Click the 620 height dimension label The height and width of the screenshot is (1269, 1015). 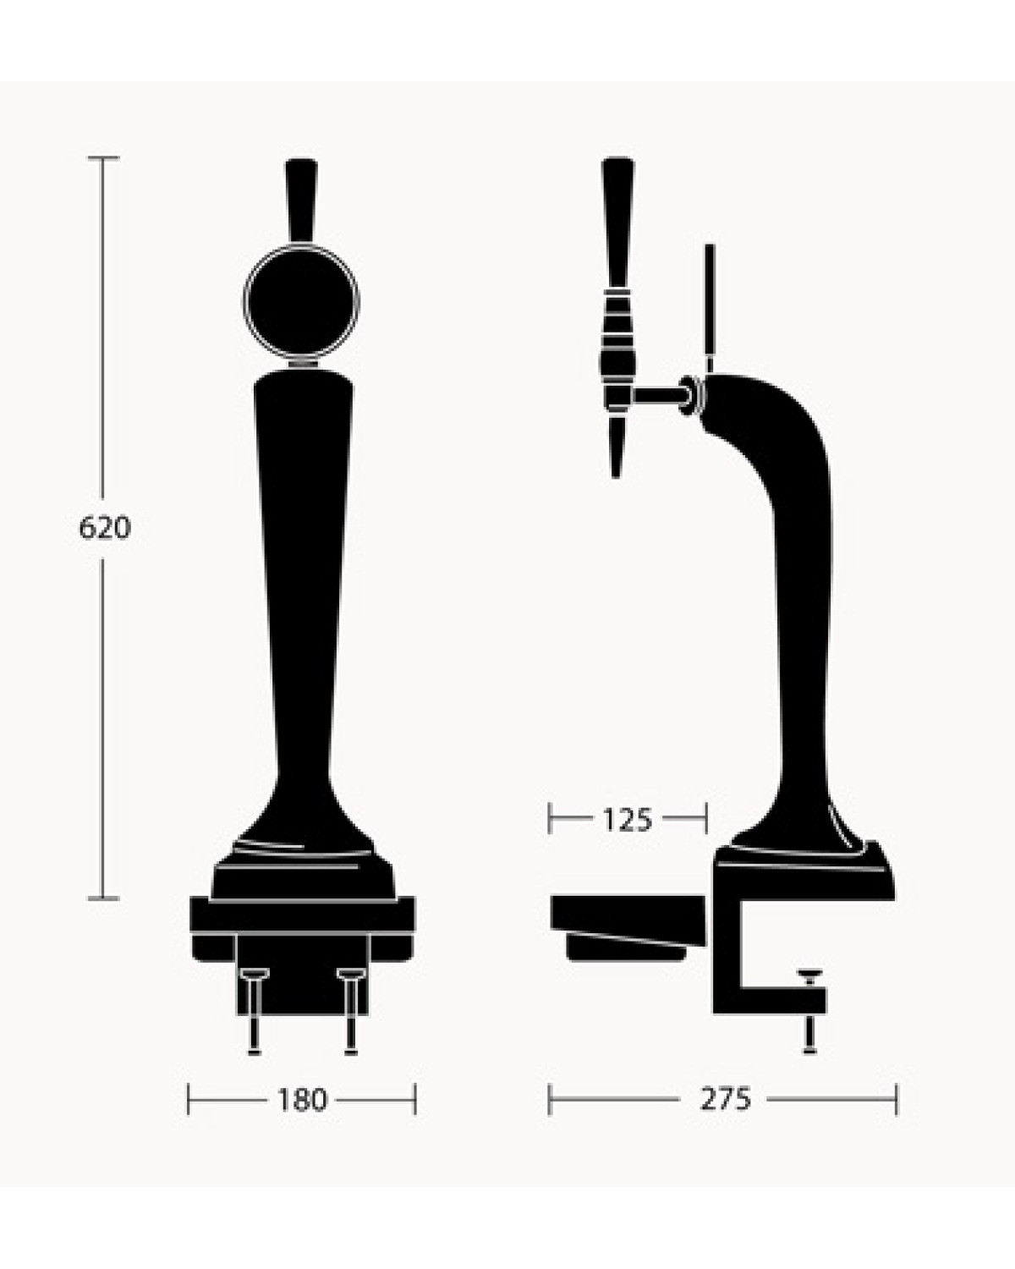tap(105, 529)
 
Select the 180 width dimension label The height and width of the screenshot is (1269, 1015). tap(301, 1100)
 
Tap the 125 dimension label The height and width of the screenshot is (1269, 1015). tap(627, 819)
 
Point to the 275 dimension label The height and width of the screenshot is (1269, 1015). tap(725, 1099)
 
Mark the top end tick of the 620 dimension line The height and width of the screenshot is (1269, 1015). tap(104, 158)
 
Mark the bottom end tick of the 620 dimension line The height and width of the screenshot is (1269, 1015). tap(104, 898)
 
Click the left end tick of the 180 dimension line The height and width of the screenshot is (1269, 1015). tap(189, 1100)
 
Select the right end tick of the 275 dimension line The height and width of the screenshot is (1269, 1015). tap(895, 1100)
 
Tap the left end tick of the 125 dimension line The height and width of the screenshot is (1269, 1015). tap(550, 819)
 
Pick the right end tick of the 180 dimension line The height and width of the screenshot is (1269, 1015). tap(414, 1100)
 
